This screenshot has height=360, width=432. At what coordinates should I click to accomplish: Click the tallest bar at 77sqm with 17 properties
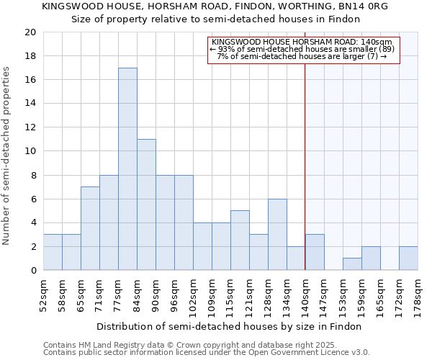click(127, 168)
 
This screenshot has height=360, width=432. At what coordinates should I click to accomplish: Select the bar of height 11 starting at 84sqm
click(146, 204)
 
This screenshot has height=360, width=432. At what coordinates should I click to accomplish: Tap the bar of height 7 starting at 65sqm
click(90, 228)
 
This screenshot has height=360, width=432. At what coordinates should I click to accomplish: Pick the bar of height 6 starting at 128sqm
click(277, 234)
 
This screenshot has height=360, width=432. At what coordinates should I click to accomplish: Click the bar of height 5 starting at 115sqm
click(240, 240)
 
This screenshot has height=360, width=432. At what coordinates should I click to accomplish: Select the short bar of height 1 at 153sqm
click(352, 264)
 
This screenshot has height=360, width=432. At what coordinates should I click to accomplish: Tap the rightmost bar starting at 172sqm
click(408, 258)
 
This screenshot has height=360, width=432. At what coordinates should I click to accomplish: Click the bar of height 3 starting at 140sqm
click(315, 252)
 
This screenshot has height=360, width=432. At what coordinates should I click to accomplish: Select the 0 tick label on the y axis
click(32, 270)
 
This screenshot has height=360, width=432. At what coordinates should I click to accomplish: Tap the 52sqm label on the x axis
click(43, 293)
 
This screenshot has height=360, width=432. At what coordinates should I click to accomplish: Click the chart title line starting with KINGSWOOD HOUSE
click(215, 6)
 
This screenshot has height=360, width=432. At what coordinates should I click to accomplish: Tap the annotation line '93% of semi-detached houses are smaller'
click(303, 49)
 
